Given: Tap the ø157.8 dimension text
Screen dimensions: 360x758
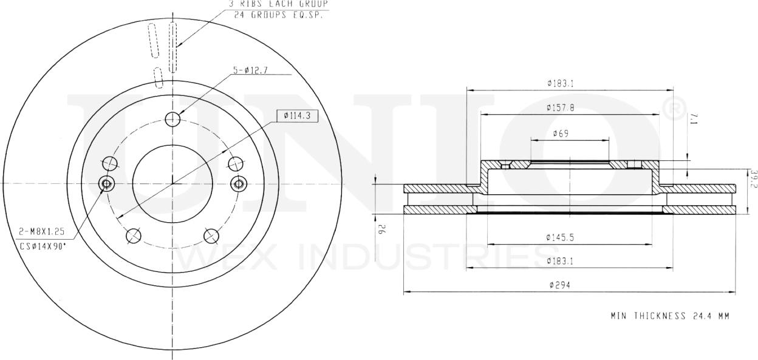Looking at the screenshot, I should tap(561, 107).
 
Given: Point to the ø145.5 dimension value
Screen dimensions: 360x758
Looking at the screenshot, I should tap(561, 237).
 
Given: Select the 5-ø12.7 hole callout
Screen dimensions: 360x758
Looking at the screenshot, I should tap(249, 71).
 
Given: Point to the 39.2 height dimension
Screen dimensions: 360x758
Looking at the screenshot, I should tap(753, 179).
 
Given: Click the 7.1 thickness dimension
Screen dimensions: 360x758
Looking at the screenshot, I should tap(693, 122).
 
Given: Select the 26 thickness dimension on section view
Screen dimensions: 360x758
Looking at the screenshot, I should tap(382, 230).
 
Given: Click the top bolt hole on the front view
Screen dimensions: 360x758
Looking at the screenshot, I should tap(173, 118).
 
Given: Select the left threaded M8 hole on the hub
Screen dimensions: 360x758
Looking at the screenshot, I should tap(106, 183).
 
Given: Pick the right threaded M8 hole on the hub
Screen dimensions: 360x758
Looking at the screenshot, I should tap(239, 183).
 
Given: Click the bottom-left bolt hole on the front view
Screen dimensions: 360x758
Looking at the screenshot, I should tap(132, 235).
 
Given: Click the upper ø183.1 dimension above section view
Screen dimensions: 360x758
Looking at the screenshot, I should tap(561, 83).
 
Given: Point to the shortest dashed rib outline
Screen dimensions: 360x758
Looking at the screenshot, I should tap(159, 77).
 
